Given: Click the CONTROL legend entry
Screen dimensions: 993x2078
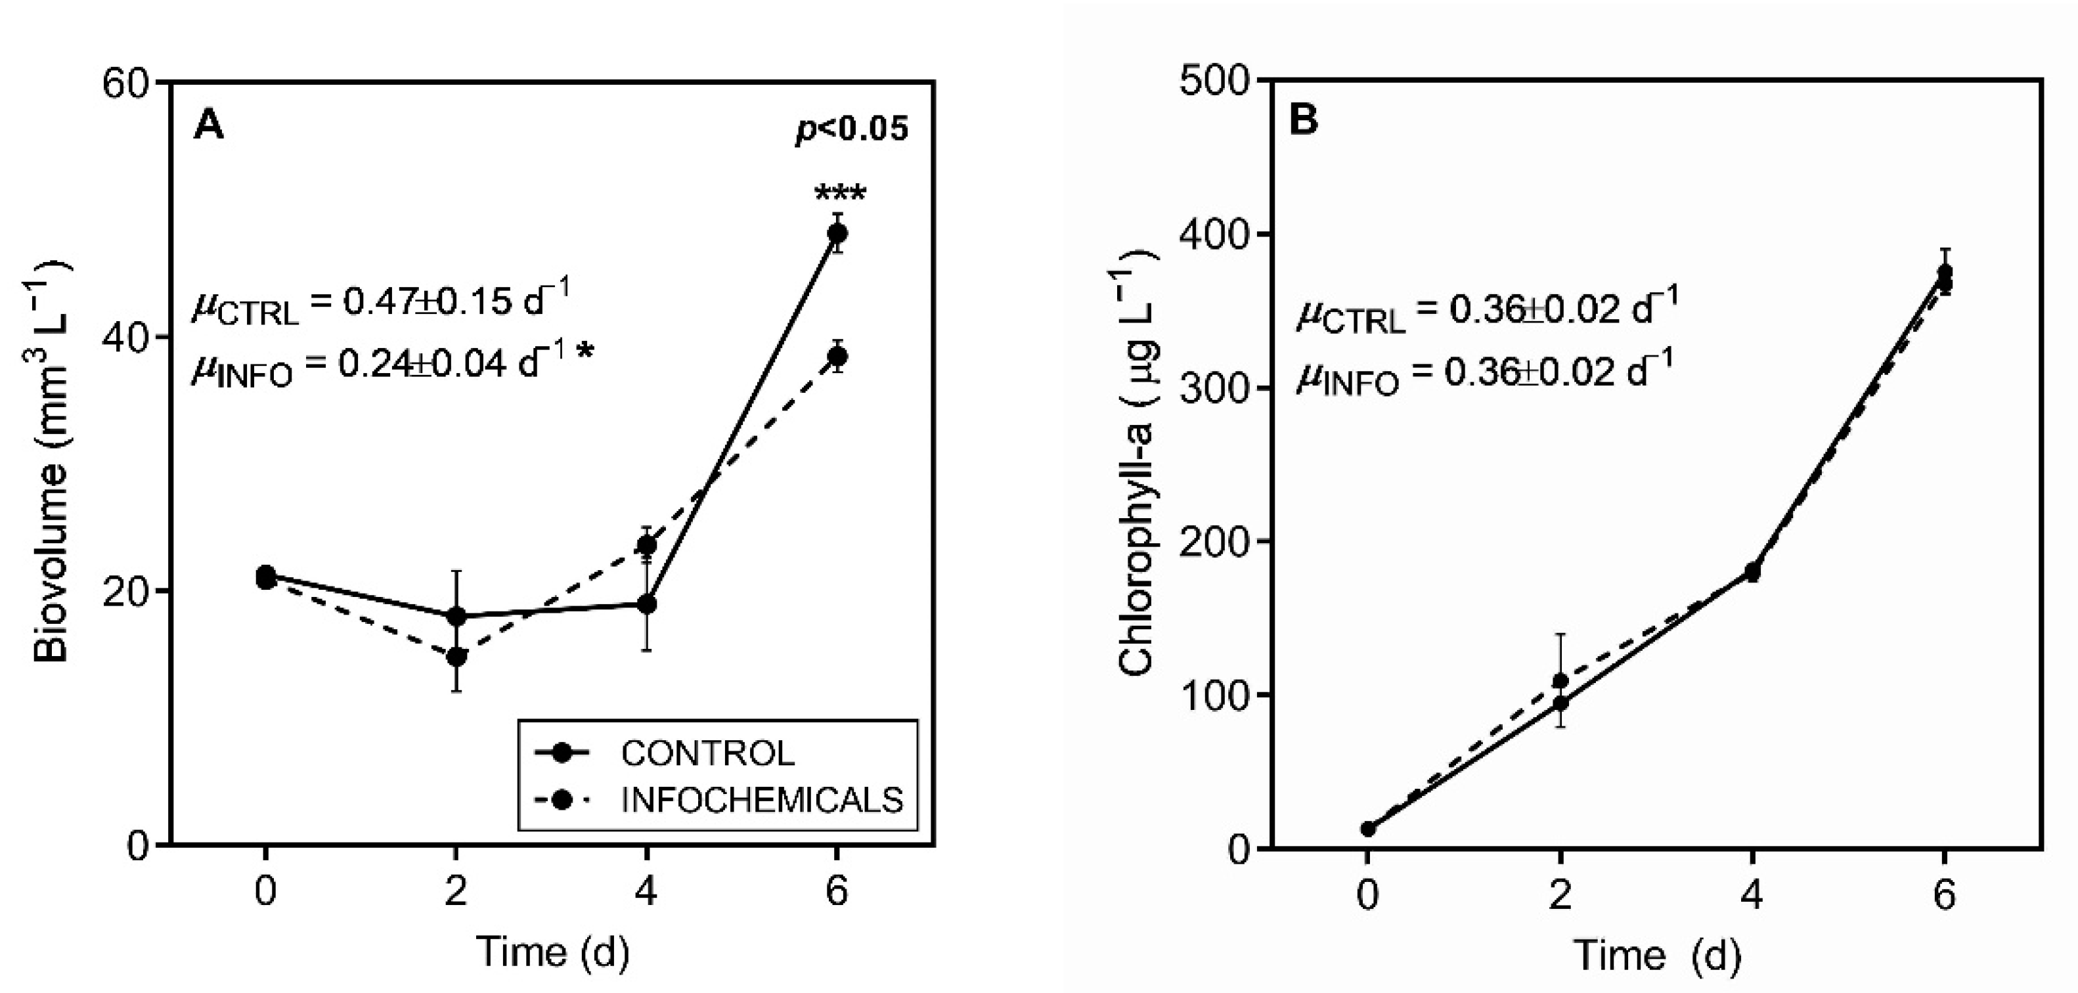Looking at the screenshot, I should [707, 753].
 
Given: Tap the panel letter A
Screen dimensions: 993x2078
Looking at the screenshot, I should [208, 126].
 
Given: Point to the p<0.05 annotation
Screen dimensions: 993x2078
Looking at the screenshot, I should [852, 129].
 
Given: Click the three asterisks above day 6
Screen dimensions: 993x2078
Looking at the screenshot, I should [840, 194].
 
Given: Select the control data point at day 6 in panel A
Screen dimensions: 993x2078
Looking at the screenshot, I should [837, 233].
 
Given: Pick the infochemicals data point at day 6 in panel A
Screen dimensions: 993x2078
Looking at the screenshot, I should [837, 356].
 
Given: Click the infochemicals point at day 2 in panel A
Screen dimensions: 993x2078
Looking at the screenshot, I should [456, 657].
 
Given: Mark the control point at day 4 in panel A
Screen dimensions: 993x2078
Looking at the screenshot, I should [646, 604].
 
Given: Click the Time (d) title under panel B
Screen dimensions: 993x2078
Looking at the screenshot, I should [1657, 955].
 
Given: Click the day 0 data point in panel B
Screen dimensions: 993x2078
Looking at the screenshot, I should [1367, 828].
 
